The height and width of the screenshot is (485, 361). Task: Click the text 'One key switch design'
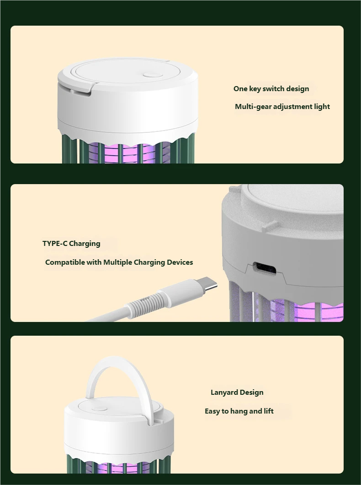[271, 89]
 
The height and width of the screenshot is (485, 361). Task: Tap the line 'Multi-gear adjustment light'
[282, 107]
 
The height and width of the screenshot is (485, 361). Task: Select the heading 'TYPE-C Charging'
[71, 244]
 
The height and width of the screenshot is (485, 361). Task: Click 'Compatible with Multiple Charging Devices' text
[119, 262]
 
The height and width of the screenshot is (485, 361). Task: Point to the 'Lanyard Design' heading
[237, 392]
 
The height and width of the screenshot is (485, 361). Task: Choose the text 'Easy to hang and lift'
[239, 411]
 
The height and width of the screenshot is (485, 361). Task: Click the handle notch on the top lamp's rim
[81, 91]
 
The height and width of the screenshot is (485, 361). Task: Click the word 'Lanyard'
[224, 392]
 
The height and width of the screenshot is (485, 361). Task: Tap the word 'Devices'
[180, 262]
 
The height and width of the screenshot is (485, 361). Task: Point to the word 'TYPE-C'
[55, 244]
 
